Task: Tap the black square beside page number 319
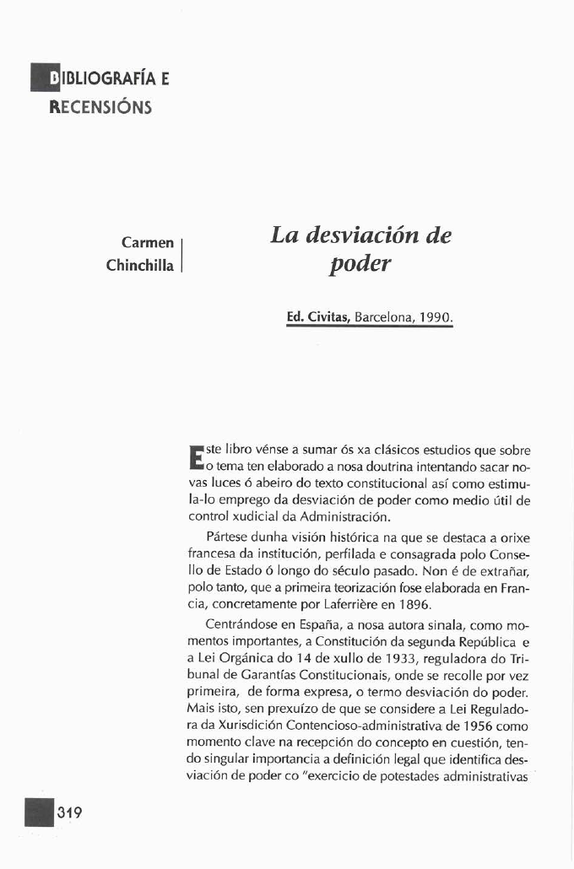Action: [x=40, y=813]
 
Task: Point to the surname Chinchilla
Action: [x=140, y=265]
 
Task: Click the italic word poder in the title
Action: [x=360, y=265]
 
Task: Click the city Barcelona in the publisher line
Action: [x=383, y=319]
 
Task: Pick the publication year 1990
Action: [x=435, y=319]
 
